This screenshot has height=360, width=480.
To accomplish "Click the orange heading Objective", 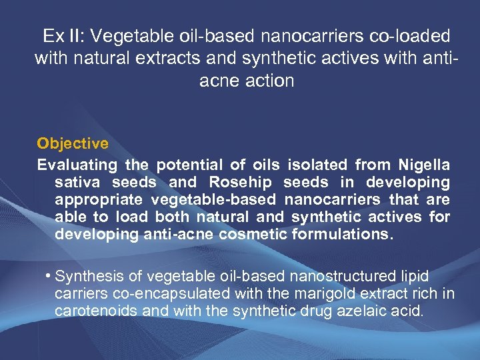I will point(73,143).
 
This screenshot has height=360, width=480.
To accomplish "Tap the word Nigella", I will point(424,165).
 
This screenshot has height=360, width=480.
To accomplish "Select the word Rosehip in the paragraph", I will point(242,182).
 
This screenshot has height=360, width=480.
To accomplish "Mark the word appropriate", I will point(99,199).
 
